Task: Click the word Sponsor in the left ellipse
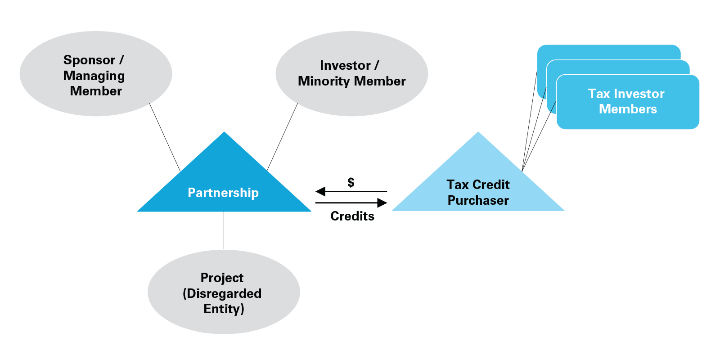pyautogui.click(x=89, y=60)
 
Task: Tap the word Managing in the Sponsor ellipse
pyautogui.click(x=94, y=76)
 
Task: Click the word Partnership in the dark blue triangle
pyautogui.click(x=223, y=193)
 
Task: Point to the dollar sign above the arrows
pyautogui.click(x=351, y=182)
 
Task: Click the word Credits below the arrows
pyautogui.click(x=352, y=216)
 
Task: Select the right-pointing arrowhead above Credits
pyautogui.click(x=382, y=203)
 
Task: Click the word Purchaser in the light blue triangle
pyautogui.click(x=478, y=200)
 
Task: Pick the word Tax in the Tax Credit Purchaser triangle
pyautogui.click(x=457, y=184)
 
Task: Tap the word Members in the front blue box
pyautogui.click(x=628, y=109)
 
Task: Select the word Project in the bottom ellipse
pyautogui.click(x=222, y=278)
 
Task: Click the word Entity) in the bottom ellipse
pyautogui.click(x=224, y=309)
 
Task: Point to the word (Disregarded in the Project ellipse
pyautogui.click(x=222, y=293)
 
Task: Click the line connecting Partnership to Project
pyautogui.click(x=224, y=230)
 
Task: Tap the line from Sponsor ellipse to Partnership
pyautogui.click(x=165, y=137)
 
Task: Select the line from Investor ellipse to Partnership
pyautogui.click(x=283, y=137)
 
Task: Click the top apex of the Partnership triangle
pyautogui.click(x=224, y=133)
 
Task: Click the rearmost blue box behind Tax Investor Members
pyautogui.click(x=607, y=52)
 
